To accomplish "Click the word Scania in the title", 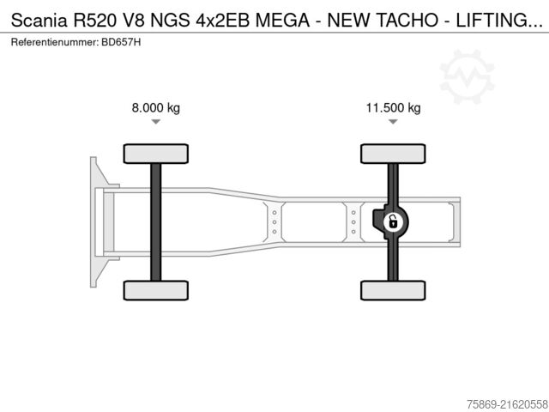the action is [x=39, y=21].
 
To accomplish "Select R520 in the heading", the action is [x=94, y=21].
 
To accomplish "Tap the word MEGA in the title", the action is [x=282, y=21].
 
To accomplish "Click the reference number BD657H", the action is [x=121, y=42].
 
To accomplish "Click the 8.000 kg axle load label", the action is [x=156, y=107].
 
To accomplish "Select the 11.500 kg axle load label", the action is [x=393, y=107].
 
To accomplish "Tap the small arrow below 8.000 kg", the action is [x=156, y=122].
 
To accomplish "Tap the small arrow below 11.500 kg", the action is [x=393, y=122].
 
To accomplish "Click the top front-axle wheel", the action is [x=156, y=154].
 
